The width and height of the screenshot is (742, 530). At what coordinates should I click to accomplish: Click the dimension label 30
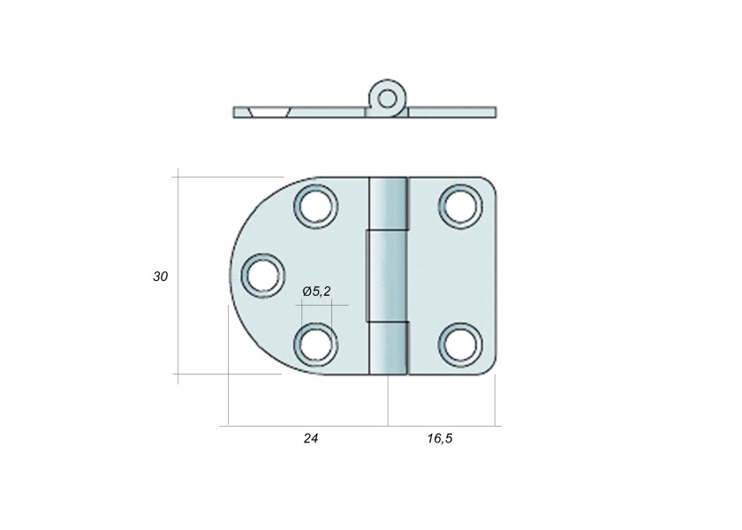click(161, 276)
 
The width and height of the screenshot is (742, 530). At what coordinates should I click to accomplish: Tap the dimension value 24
click(311, 439)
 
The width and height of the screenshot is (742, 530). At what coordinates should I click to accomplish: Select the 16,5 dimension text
click(440, 439)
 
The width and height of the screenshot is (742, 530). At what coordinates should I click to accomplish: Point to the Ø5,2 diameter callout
click(316, 291)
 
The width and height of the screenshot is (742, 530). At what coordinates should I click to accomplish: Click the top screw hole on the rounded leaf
click(316, 207)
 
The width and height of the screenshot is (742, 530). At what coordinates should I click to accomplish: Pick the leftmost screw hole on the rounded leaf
click(263, 276)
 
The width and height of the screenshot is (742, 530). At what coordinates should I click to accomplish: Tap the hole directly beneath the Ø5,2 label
click(315, 344)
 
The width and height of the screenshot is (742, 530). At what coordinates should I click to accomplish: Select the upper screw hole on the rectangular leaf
click(460, 207)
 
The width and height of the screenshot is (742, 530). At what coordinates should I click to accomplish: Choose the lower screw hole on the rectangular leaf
click(460, 344)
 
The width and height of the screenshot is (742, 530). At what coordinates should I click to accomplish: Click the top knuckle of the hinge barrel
click(388, 203)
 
